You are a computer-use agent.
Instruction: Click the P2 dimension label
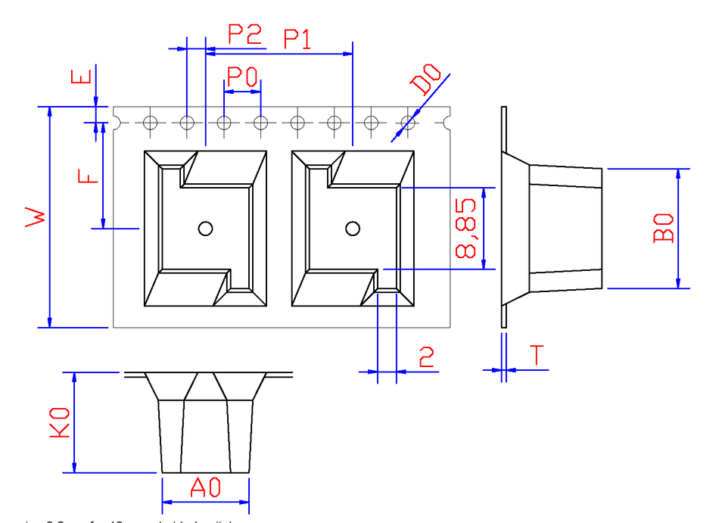tap(244, 34)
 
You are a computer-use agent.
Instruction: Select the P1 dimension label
tap(297, 39)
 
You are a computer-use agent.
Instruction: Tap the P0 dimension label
tap(242, 76)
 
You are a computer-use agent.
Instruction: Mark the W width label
tap(36, 216)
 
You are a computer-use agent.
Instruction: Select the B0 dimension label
tap(663, 228)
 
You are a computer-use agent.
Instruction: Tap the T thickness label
tap(537, 355)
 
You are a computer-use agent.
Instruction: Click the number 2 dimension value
tap(427, 356)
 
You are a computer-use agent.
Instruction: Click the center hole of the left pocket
tap(205, 229)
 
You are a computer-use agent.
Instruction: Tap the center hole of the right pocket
tap(352, 229)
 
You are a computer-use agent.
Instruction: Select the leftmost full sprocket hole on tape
tap(150, 123)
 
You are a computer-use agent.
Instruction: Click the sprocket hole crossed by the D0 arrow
tap(408, 123)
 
